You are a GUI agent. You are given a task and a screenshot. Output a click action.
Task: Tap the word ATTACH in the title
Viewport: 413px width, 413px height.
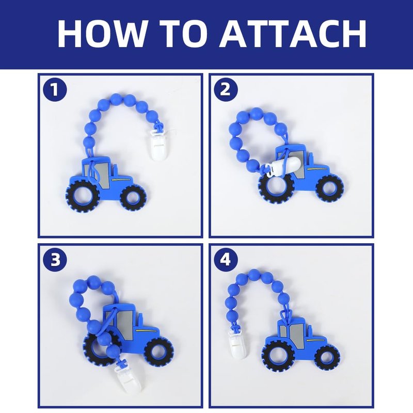click(x=293, y=34)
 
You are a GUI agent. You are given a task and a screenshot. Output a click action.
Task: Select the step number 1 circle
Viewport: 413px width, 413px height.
click(x=55, y=90)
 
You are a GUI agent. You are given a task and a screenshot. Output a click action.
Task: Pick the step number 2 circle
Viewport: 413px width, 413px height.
click(x=226, y=90)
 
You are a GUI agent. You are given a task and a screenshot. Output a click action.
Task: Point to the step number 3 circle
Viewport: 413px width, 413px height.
click(x=55, y=260)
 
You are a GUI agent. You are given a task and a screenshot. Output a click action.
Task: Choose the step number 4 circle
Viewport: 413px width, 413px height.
click(x=226, y=260)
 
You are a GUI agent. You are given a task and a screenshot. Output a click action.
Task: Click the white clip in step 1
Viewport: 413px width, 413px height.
click(x=158, y=145)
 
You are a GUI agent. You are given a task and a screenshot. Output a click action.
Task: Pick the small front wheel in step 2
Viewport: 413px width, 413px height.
click(x=329, y=189)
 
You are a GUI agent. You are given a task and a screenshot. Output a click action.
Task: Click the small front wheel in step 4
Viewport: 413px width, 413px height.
click(x=327, y=358)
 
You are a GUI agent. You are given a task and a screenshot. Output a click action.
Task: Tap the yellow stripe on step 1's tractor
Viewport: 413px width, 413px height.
click(x=121, y=180)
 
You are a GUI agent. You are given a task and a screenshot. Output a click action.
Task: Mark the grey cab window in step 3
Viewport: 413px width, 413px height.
click(x=124, y=321)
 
